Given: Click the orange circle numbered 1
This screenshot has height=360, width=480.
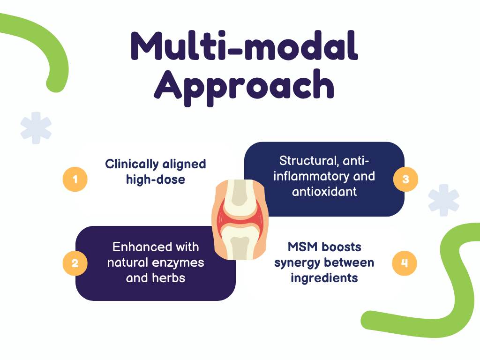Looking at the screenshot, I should pyautogui.click(x=75, y=179).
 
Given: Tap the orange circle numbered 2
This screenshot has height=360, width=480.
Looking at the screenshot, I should pyautogui.click(x=75, y=263).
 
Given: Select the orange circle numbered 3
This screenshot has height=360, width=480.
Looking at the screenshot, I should pyautogui.click(x=405, y=179).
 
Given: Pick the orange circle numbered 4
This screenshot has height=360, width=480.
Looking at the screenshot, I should pyautogui.click(x=404, y=263).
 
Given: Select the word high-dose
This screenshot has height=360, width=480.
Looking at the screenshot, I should pyautogui.click(x=156, y=179).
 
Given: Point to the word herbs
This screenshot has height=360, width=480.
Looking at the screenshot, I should pyautogui.click(x=169, y=277).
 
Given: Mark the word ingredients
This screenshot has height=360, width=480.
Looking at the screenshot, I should pyautogui.click(x=324, y=277).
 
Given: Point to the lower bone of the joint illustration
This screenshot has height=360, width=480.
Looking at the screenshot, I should pyautogui.click(x=240, y=244).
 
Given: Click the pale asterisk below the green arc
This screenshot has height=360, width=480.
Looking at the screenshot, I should pyautogui.click(x=36, y=127).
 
